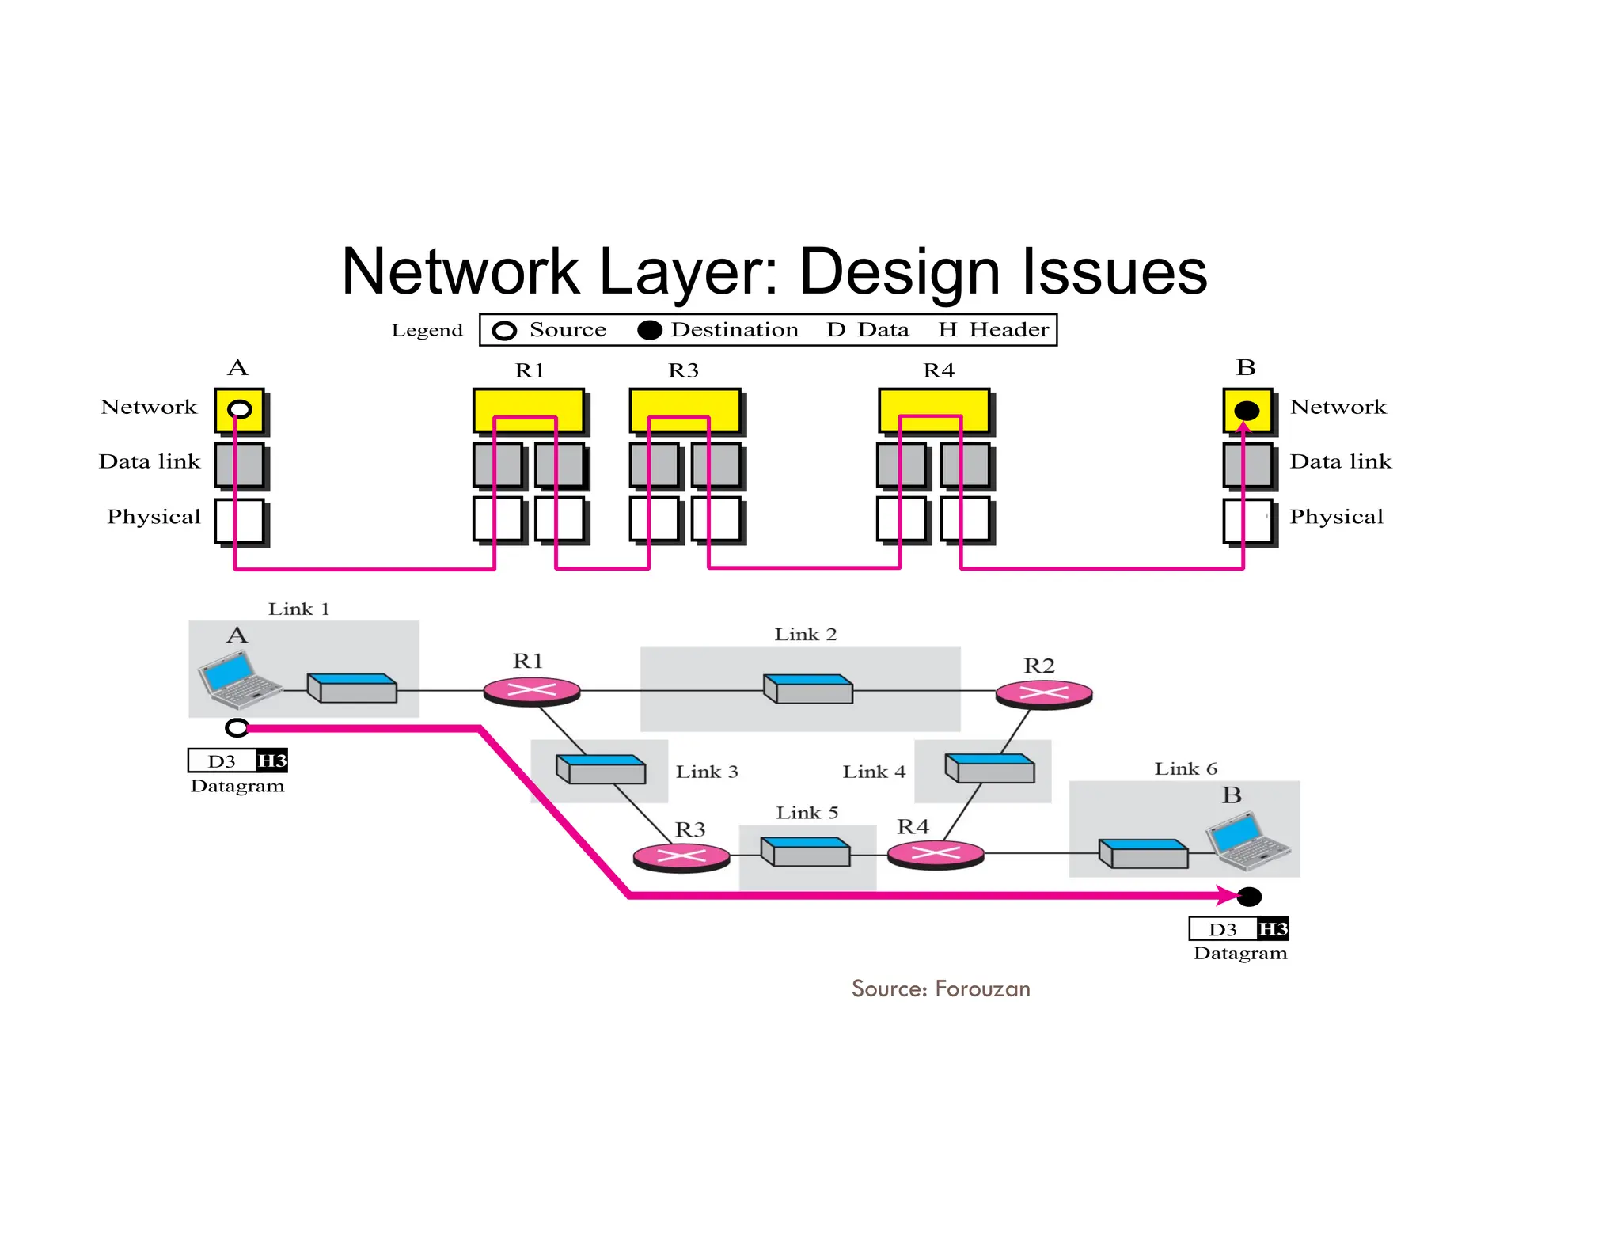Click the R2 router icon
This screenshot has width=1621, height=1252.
pos(1043,694)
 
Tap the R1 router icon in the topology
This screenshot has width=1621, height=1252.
pos(532,691)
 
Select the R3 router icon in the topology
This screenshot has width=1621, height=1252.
pos(681,856)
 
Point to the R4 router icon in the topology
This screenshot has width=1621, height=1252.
pos(936,854)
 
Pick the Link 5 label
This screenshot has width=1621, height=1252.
pos(807,813)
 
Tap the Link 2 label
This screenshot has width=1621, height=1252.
pos(805,635)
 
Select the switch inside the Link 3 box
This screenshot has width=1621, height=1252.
pos(602,769)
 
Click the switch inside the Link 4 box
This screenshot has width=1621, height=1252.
pos(989,768)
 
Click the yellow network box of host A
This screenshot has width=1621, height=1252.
pos(239,410)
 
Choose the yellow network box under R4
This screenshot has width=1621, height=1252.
pos(934,410)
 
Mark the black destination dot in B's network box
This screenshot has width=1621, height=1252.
pos(1247,410)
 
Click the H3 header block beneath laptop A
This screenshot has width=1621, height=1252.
pos(271,761)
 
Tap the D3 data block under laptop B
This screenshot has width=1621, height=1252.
pos(1222,929)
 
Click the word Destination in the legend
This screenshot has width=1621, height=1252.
pos(734,330)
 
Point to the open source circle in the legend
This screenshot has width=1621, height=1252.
pos(504,331)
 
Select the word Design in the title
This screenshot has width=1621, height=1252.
pos(900,271)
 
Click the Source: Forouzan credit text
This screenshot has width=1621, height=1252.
pos(940,988)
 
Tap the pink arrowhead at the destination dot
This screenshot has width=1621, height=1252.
pos(1229,896)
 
